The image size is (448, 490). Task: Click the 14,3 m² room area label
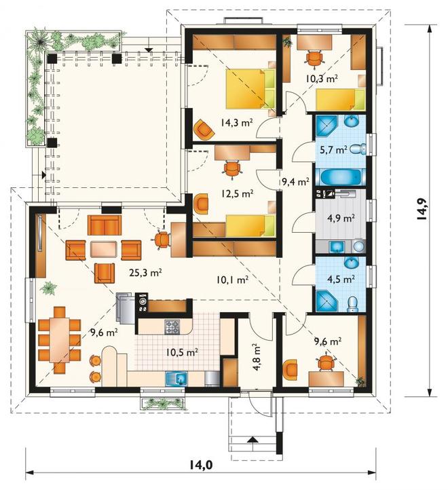tap(237, 122)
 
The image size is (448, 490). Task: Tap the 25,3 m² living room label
tap(145, 273)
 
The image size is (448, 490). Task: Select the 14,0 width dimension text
tap(201, 466)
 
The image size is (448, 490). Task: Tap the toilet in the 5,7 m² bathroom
tap(358, 149)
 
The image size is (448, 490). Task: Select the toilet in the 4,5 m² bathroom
tap(352, 304)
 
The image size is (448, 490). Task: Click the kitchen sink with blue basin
tap(176, 379)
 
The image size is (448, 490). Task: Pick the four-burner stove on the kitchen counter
tap(172, 327)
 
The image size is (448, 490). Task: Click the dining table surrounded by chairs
tap(60, 339)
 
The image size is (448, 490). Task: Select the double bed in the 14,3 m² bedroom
tap(250, 90)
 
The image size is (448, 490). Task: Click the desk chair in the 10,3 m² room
tap(314, 58)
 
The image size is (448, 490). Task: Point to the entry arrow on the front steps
tap(253, 439)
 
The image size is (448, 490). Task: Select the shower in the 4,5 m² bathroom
tap(327, 301)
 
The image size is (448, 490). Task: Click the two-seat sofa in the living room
tap(105, 225)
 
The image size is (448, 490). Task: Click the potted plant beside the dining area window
tap(48, 288)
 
